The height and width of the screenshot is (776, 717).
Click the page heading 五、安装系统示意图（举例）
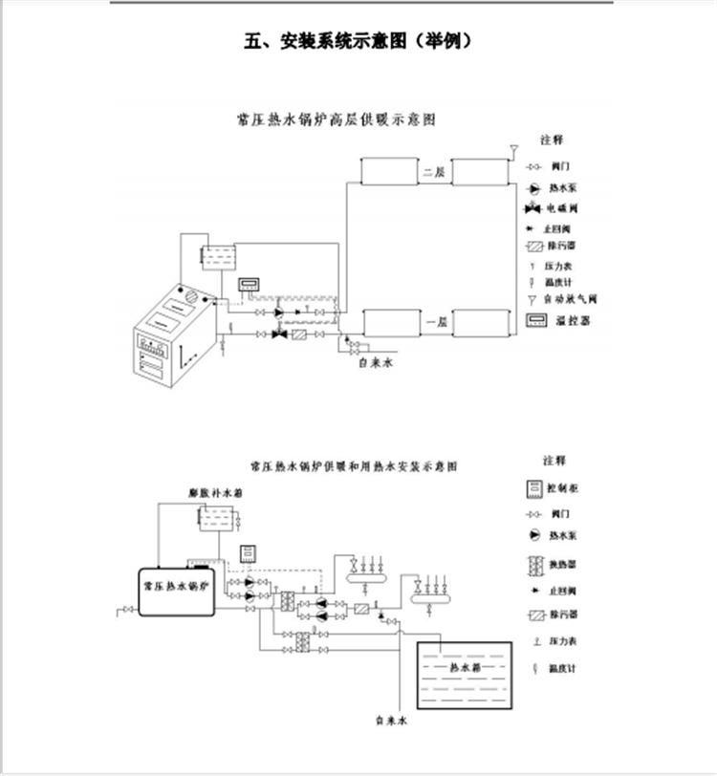pyautogui.click(x=358, y=41)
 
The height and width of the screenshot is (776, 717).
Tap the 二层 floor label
pyautogui.click(x=435, y=173)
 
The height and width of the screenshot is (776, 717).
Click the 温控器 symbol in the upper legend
pyautogui.click(x=536, y=320)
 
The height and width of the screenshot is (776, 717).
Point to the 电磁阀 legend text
pyautogui.click(x=563, y=208)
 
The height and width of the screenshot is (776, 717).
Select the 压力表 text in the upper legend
pyautogui.click(x=559, y=265)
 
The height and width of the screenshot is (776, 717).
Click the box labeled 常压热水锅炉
pyautogui.click(x=182, y=582)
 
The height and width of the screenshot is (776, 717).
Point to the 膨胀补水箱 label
pyautogui.click(x=215, y=494)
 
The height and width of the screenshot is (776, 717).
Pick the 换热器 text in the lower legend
pyautogui.click(x=564, y=563)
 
